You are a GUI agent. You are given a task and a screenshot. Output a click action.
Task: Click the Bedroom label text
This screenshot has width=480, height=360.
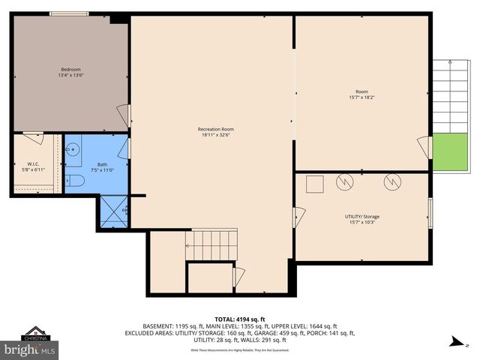(x=70, y=70)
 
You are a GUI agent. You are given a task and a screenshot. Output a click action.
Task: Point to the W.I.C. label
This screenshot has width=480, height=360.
(x=33, y=164)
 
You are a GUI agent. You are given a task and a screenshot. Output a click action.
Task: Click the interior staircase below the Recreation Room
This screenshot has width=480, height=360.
(x=211, y=244)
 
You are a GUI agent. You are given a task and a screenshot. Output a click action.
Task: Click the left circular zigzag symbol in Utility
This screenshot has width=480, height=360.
(x=344, y=181)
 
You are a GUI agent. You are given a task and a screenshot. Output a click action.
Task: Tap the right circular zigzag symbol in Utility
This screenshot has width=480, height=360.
(x=392, y=181)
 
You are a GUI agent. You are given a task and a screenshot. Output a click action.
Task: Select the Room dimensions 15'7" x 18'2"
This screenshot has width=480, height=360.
(x=361, y=97)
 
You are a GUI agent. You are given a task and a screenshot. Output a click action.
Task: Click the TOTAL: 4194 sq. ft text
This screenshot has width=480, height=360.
(x=240, y=319)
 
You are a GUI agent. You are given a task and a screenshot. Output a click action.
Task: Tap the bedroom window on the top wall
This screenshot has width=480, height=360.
(x=69, y=13)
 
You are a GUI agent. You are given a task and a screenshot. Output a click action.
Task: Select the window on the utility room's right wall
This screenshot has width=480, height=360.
(x=430, y=212)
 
